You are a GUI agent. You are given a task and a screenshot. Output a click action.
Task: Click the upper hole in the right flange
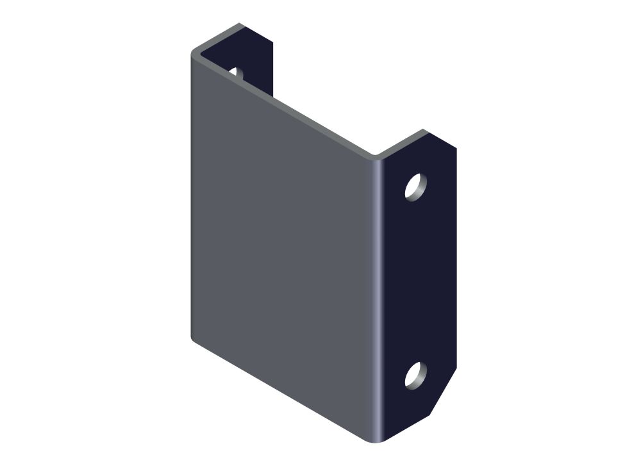point(415,186)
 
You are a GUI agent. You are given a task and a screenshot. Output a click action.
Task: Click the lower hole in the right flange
point(415,375)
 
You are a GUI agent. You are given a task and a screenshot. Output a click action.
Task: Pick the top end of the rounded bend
point(378,156)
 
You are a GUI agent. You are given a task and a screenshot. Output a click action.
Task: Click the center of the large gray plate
point(282,243)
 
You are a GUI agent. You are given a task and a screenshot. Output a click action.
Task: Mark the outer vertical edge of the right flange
point(456,256)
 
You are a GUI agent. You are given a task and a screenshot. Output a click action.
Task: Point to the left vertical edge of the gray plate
point(192,192)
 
